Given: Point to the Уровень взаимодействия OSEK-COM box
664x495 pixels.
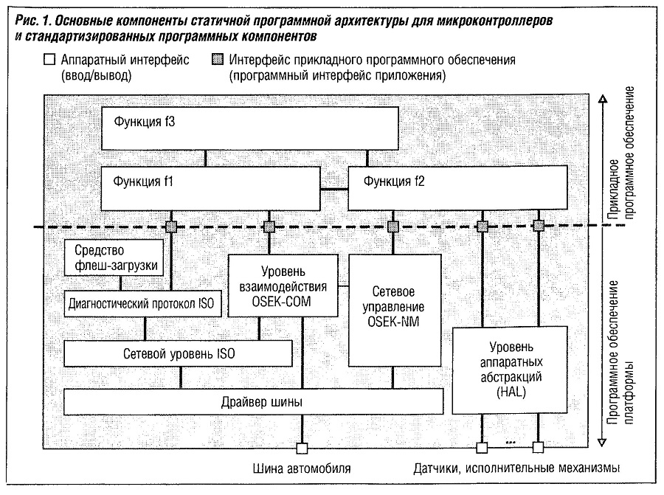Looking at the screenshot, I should pos(283,285).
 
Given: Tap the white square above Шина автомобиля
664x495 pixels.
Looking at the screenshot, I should pos(301,447).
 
